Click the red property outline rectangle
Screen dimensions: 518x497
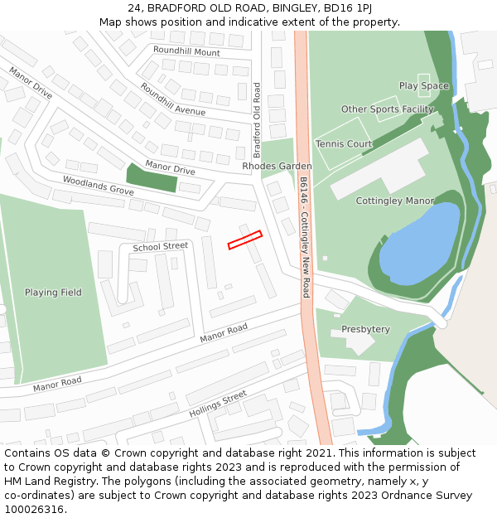coord(244,240)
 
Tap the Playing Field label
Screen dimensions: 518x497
coord(53,293)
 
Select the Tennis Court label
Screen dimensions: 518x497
coord(344,144)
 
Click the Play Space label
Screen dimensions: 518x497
coord(423,86)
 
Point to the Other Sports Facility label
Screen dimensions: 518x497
coord(387,109)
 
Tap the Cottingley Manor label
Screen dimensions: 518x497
coord(394,201)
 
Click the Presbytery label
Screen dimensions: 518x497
coord(365,330)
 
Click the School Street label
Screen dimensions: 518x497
coord(160,246)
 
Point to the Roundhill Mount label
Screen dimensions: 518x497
coord(186,51)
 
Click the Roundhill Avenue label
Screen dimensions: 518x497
coord(172,99)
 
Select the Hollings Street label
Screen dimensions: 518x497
coord(218,403)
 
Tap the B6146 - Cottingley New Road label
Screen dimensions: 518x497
coord(305,236)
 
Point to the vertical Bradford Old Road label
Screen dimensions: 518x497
coord(257,120)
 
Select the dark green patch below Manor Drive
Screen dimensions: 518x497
coord(151,177)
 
